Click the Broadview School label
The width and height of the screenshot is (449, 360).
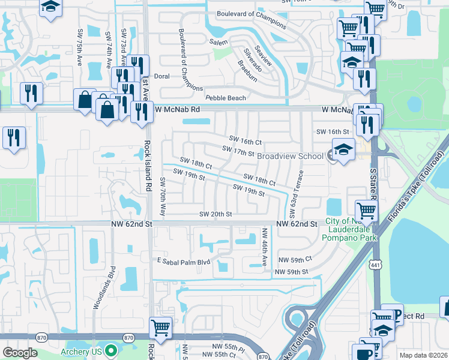pos(291,155)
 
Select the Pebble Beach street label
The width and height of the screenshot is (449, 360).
pos(225,98)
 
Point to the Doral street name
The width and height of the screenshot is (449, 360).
pos(162,77)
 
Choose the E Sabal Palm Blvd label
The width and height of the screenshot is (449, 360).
pos(184,262)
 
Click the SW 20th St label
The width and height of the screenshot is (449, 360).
pos(215,214)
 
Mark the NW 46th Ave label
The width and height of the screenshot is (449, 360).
pos(264,248)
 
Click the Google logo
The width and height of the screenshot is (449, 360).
pos(20,353)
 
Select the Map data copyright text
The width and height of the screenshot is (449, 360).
pos(424,355)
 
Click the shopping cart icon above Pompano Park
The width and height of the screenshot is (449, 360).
pos(366,211)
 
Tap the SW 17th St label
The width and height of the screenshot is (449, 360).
pos(238,149)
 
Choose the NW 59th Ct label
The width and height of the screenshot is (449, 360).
pos(295,259)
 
